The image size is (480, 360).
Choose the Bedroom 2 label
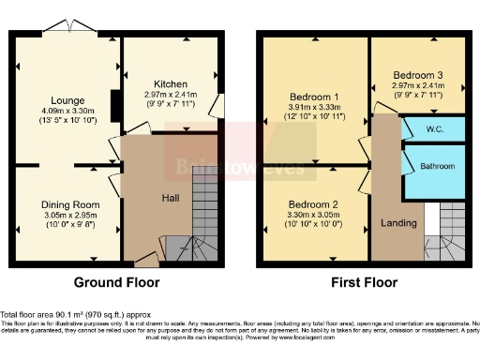click(312, 203)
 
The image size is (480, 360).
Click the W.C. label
click(433, 128)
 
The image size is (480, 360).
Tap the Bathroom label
click(436, 167)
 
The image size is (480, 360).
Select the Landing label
click(398, 223)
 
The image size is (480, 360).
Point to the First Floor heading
click(363, 282)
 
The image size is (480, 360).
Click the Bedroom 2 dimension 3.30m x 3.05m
click(312, 215)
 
